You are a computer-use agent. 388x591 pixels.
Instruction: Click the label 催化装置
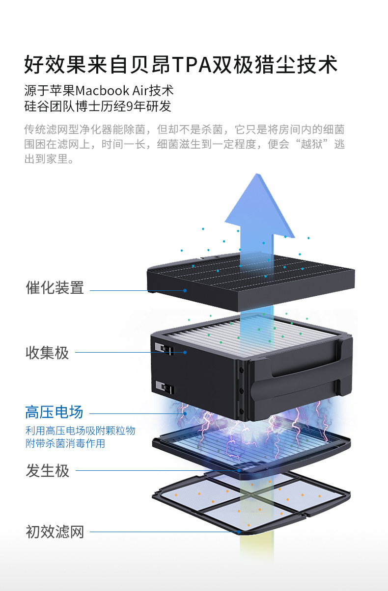pyautogui.click(x=55, y=288)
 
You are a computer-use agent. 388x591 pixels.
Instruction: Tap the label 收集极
pyautogui.click(x=47, y=353)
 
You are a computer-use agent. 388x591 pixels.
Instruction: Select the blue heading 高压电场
pyautogui.click(x=54, y=412)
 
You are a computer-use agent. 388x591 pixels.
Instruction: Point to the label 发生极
pyautogui.click(x=47, y=471)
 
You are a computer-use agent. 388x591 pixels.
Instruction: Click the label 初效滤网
pyautogui.click(x=55, y=532)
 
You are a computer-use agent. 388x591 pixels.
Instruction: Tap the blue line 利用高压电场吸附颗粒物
pyautogui.click(x=80, y=431)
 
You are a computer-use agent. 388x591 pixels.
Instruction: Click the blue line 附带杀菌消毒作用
pyautogui.click(x=65, y=444)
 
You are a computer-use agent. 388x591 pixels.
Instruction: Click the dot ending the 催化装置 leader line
pyautogui.click(x=185, y=290)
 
